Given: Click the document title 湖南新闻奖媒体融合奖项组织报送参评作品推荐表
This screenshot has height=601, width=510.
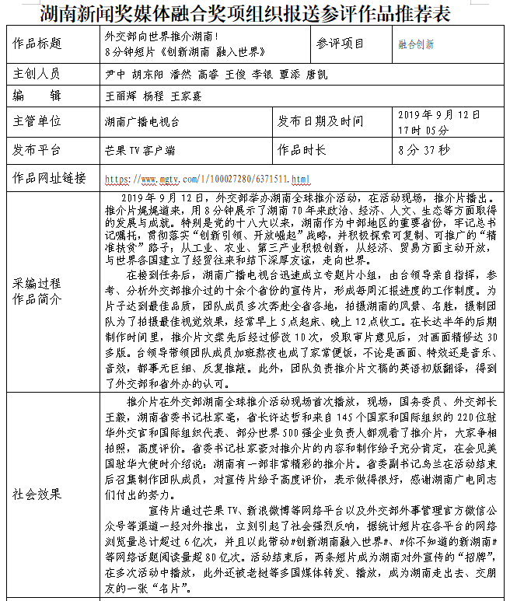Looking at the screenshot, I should (255, 12).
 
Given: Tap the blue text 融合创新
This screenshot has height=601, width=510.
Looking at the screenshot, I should (416, 45).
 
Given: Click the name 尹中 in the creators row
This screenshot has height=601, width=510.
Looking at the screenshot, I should (114, 75).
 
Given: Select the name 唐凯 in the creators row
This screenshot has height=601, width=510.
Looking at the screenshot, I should (316, 75).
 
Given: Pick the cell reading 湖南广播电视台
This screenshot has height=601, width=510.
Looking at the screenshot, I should (141, 122).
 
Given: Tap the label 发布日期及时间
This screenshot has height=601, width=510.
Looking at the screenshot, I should (320, 121).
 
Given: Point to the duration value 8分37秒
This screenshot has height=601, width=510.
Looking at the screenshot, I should (423, 149).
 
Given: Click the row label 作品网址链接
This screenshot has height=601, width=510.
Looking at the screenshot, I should (49, 177).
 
